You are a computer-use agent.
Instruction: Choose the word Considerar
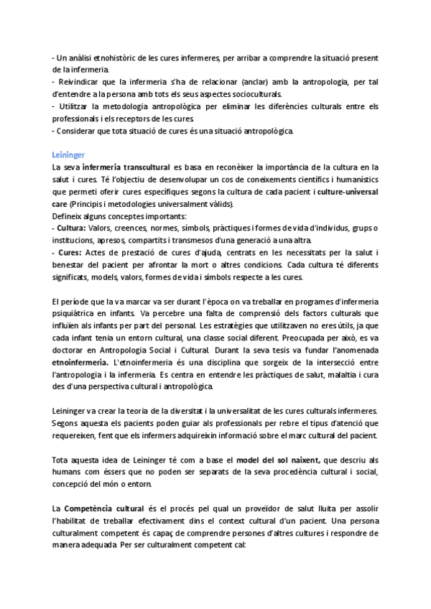coord(82,131)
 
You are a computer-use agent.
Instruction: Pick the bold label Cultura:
coord(72,228)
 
